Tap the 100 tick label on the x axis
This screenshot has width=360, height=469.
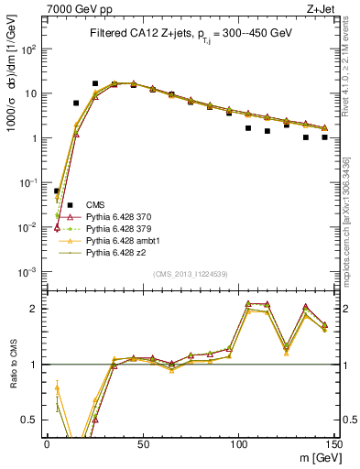pyautogui.click(x=238, y=444)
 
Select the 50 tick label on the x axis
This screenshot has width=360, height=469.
pyautogui.click(x=143, y=444)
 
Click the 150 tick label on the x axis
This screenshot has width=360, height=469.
pyautogui.click(x=333, y=444)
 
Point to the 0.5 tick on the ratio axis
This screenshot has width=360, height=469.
pyautogui.click(x=33, y=420)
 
